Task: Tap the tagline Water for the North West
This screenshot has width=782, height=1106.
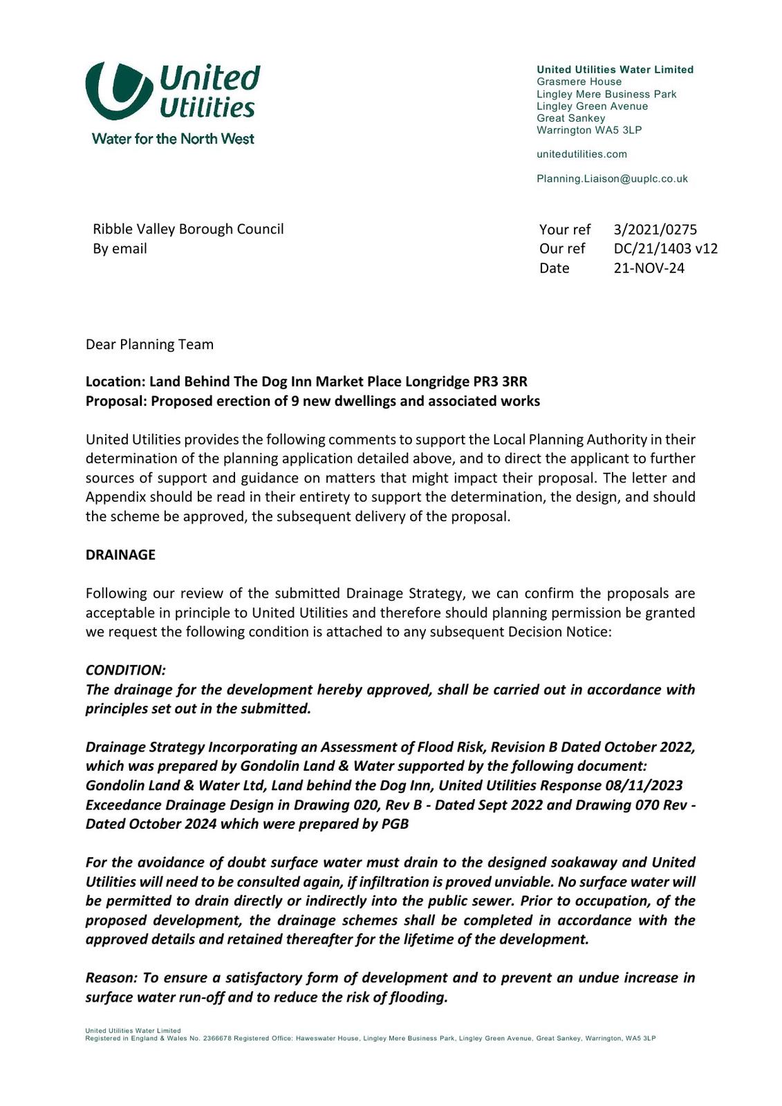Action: pos(173,139)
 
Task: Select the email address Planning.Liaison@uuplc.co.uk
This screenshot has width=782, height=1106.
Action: pos(612,179)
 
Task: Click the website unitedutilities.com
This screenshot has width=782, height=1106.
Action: pos(581,154)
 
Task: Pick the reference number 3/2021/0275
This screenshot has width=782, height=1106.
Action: pos(655,229)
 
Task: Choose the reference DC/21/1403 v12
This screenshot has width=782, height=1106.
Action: pos(665,249)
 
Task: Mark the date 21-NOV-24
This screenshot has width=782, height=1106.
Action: pos(649,268)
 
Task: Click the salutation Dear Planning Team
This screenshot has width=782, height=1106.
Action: pos(149,344)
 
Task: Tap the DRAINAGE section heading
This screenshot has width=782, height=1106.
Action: pos(120,555)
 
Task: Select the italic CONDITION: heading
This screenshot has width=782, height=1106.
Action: pos(125,671)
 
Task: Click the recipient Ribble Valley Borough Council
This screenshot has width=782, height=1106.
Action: pos(188,229)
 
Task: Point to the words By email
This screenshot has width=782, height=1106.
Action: pos(120,249)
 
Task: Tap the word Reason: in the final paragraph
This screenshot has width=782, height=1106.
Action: pos(111,978)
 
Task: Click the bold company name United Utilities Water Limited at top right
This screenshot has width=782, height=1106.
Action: pos(615,70)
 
